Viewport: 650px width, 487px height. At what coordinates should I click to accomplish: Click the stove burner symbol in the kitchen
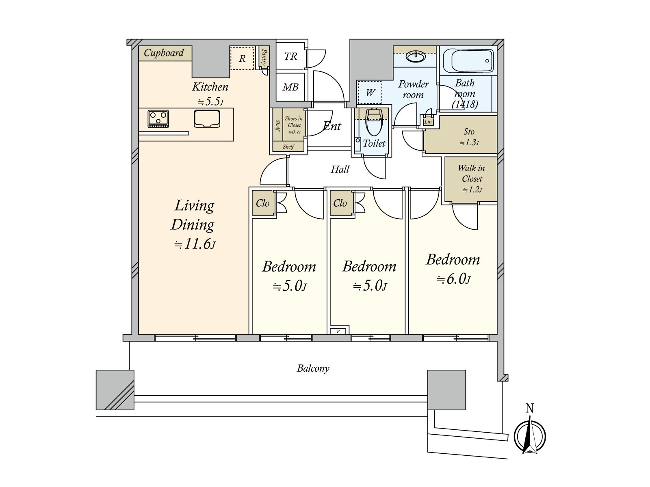(158, 119)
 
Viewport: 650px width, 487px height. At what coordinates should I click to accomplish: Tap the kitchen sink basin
(207, 119)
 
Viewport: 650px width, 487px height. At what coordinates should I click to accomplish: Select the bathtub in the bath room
(472, 61)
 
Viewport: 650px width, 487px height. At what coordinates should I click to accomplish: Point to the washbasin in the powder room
(416, 57)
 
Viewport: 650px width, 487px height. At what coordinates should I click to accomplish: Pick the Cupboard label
(164, 53)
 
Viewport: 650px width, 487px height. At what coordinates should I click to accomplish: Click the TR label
(290, 56)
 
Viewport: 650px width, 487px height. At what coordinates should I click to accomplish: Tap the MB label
(290, 87)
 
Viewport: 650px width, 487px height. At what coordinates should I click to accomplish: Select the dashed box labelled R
(242, 58)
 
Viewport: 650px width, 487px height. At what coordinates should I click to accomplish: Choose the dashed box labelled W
(370, 92)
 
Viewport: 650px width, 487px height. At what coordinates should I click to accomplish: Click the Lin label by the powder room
(428, 122)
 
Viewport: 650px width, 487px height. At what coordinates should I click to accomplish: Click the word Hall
(340, 169)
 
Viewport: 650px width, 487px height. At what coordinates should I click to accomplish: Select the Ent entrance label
(331, 126)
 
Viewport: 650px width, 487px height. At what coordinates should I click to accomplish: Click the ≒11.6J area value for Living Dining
(195, 245)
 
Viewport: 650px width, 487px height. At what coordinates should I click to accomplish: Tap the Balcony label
(313, 369)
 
